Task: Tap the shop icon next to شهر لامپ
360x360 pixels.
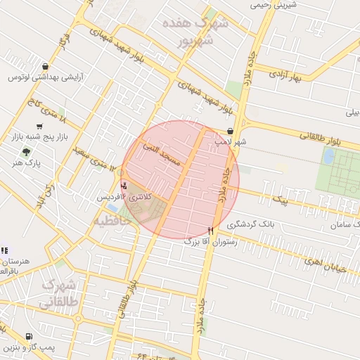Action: (231, 131)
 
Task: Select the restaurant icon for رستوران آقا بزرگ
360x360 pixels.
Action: (210, 231)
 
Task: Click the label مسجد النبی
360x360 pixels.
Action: (162, 155)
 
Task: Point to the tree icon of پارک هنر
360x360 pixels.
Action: (27, 151)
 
